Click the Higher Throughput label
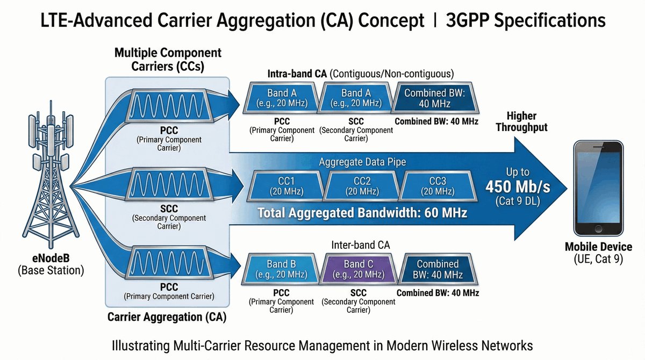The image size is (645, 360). (x=521, y=122)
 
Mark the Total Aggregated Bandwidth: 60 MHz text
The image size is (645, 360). (x=362, y=213)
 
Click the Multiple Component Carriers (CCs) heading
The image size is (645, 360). (x=168, y=60)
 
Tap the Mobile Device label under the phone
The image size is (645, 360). (x=598, y=247)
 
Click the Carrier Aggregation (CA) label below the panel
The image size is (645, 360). (x=167, y=317)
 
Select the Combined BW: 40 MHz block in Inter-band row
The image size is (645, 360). (x=438, y=269)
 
